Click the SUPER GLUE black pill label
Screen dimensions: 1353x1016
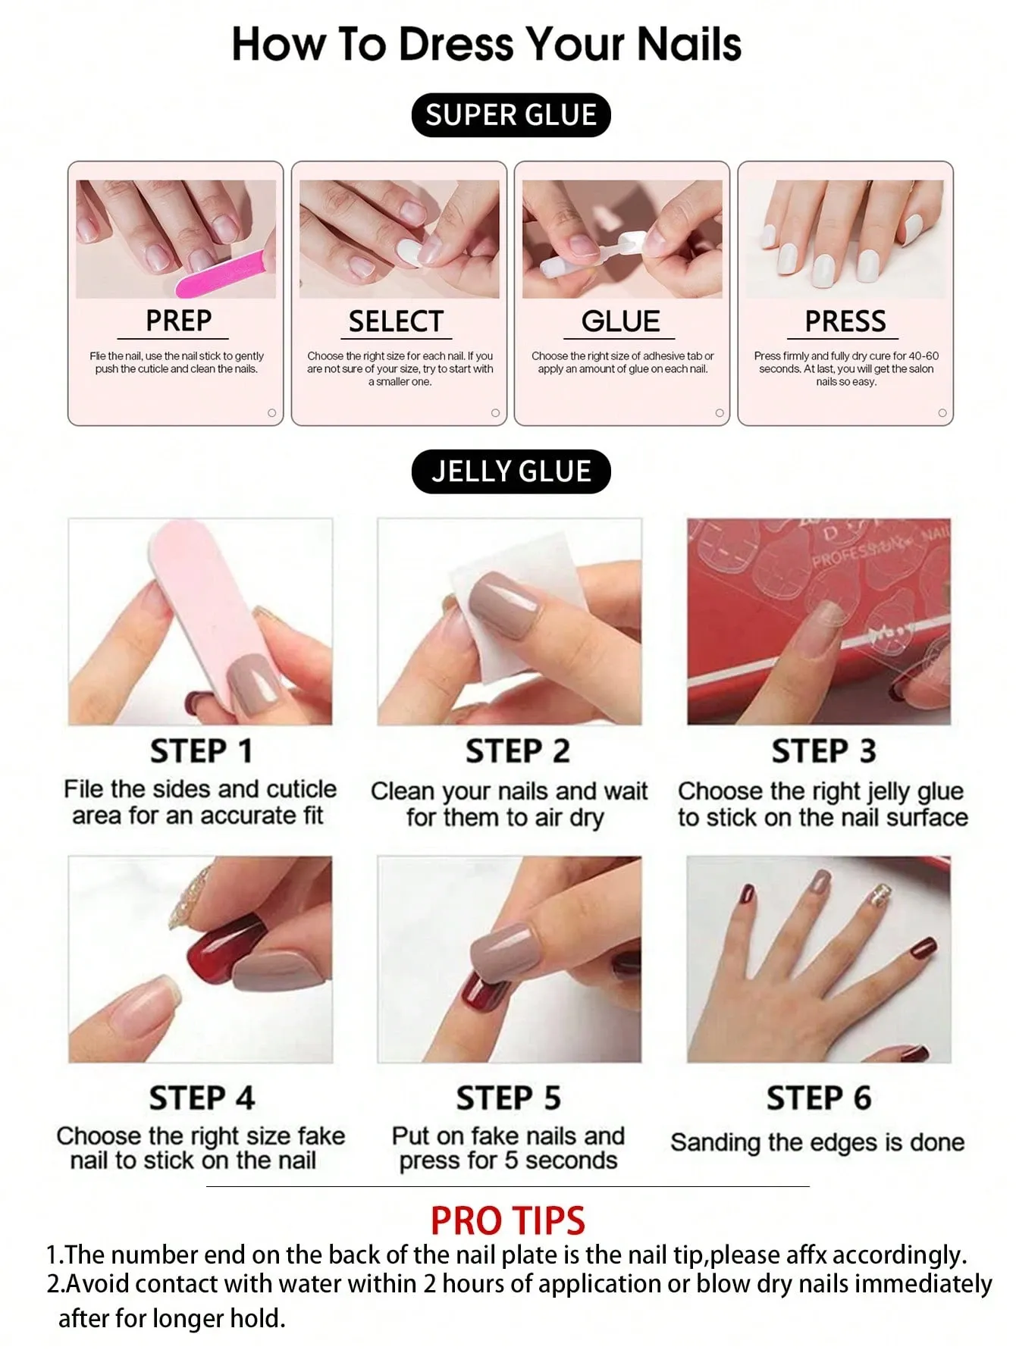pyautogui.click(x=510, y=115)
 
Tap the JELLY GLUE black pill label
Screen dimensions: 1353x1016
pyautogui.click(x=510, y=471)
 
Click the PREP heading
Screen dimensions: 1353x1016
pyautogui.click(x=178, y=321)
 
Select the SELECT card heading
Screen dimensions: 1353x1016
pyautogui.click(x=395, y=321)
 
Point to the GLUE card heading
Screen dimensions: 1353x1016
pyautogui.click(x=620, y=321)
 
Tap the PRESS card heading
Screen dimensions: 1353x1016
pyautogui.click(x=845, y=321)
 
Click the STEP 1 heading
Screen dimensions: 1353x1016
pyautogui.click(x=201, y=751)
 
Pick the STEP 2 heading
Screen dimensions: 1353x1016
pyautogui.click(x=517, y=751)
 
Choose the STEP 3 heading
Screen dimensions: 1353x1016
pyautogui.click(x=823, y=751)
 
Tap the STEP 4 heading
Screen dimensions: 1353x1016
pyautogui.click(x=202, y=1098)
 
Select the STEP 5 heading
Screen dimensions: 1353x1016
pyautogui.click(x=508, y=1098)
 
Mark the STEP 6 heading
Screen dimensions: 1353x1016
pyautogui.click(x=819, y=1098)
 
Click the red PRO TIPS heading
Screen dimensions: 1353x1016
pyautogui.click(x=508, y=1220)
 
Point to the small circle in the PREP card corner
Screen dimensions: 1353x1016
pyautogui.click(x=271, y=413)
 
